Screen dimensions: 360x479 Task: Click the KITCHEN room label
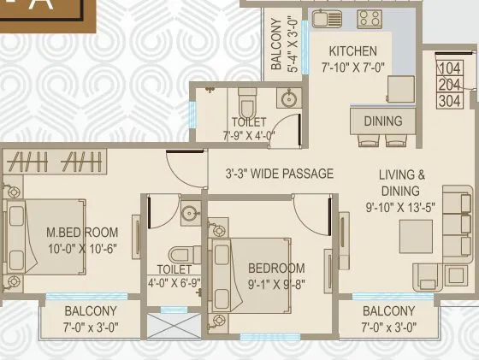(x=352, y=51)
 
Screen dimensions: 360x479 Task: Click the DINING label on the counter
(x=382, y=121)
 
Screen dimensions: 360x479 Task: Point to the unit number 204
(x=450, y=84)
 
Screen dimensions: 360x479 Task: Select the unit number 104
(x=450, y=68)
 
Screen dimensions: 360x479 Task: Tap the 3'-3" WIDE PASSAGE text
(x=279, y=174)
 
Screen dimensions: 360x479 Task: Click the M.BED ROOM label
(x=82, y=233)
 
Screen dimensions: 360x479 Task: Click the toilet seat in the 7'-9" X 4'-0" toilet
(x=247, y=104)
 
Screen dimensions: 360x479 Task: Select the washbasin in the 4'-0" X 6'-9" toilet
(x=190, y=215)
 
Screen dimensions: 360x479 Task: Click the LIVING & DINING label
(x=402, y=183)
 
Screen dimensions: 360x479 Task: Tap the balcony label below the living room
(x=388, y=311)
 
